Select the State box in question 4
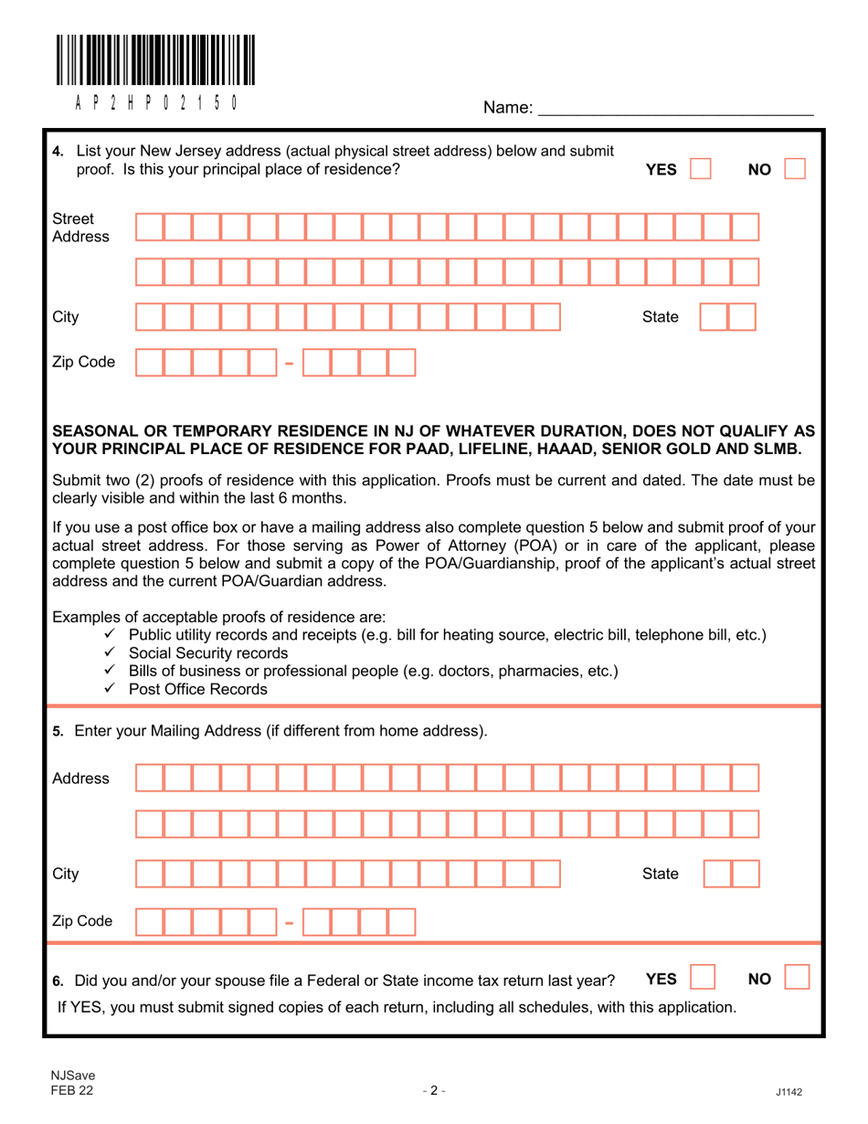(728, 317)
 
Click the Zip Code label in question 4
(83, 363)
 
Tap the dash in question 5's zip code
(290, 921)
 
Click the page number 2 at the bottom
(433, 1089)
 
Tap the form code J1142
(789, 1090)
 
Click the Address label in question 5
(80, 779)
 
